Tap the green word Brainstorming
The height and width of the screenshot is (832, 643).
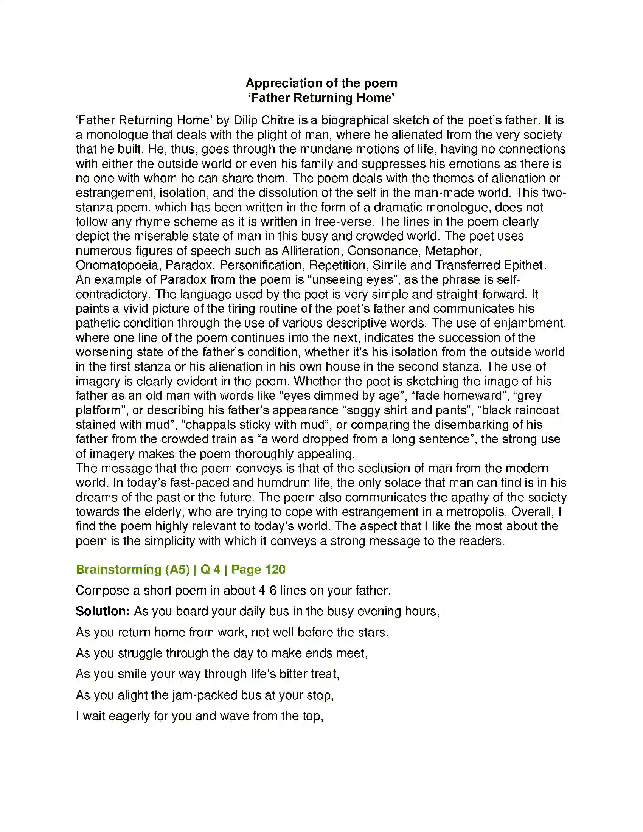click(119, 570)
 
